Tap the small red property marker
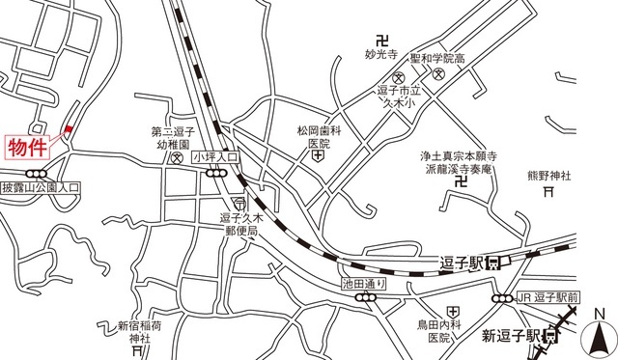click(x=68, y=132)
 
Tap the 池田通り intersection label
click(x=364, y=283)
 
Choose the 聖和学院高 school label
click(x=437, y=58)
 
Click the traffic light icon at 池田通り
click(x=365, y=298)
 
